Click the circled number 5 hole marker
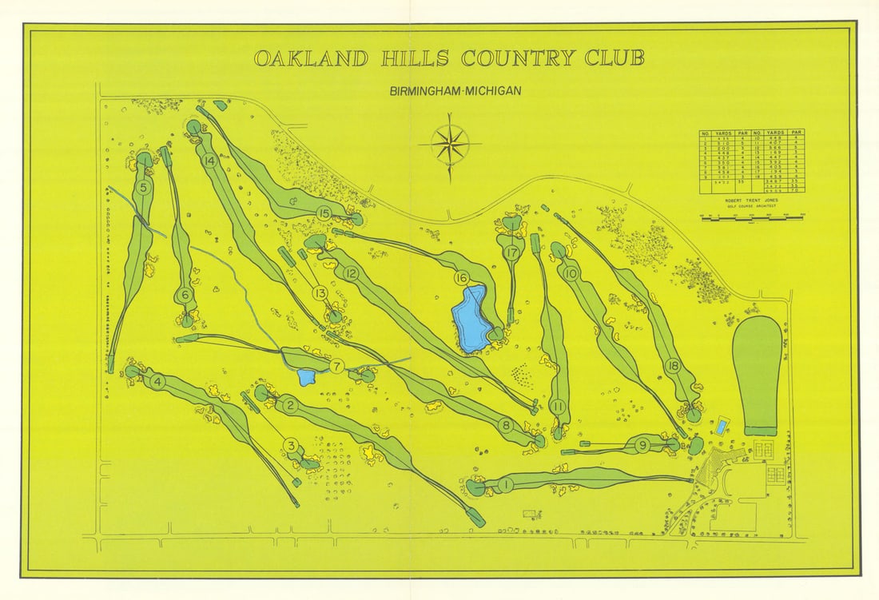click(144, 189)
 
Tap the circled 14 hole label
click(210, 161)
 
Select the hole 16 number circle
click(461, 278)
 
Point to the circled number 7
click(336, 367)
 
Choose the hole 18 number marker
click(673, 367)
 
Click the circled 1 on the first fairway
click(505, 484)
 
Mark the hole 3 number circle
click(291, 446)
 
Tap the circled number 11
click(558, 406)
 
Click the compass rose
click(449, 145)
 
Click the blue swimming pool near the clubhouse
click(722, 426)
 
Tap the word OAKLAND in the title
click(311, 58)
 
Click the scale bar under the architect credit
click(752, 216)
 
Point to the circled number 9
click(642, 445)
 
